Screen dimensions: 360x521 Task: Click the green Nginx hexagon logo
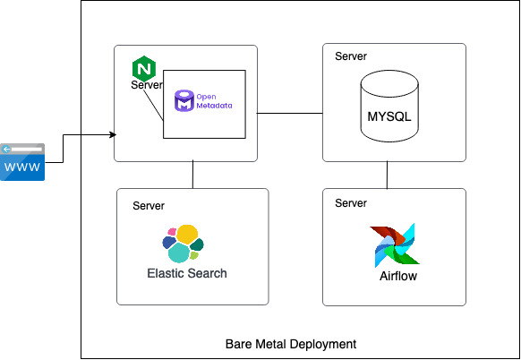pyautogui.click(x=142, y=68)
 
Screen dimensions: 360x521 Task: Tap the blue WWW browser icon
pyautogui.click(x=22, y=162)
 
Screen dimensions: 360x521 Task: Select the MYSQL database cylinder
pyautogui.click(x=389, y=107)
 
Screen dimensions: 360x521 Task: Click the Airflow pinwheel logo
pyautogui.click(x=394, y=245)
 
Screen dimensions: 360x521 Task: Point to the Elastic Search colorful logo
pyautogui.click(x=183, y=243)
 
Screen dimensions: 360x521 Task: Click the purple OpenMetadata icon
pyautogui.click(x=184, y=100)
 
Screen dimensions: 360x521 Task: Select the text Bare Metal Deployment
pyautogui.click(x=291, y=344)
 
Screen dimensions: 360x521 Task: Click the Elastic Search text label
pyautogui.click(x=187, y=273)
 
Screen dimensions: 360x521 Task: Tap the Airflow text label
pyautogui.click(x=398, y=276)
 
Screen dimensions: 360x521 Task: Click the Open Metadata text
pyautogui.click(x=214, y=101)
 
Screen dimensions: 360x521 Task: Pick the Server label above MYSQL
pyautogui.click(x=351, y=56)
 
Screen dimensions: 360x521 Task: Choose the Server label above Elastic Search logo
pyautogui.click(x=149, y=206)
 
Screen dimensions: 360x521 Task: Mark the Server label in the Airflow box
pyautogui.click(x=351, y=203)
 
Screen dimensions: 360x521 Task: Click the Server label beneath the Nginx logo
pyautogui.click(x=147, y=85)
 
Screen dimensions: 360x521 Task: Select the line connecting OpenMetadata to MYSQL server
pyautogui.click(x=284, y=114)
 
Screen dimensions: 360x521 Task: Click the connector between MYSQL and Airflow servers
pyautogui.click(x=387, y=176)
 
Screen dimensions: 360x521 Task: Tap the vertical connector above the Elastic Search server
pyautogui.click(x=192, y=176)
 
